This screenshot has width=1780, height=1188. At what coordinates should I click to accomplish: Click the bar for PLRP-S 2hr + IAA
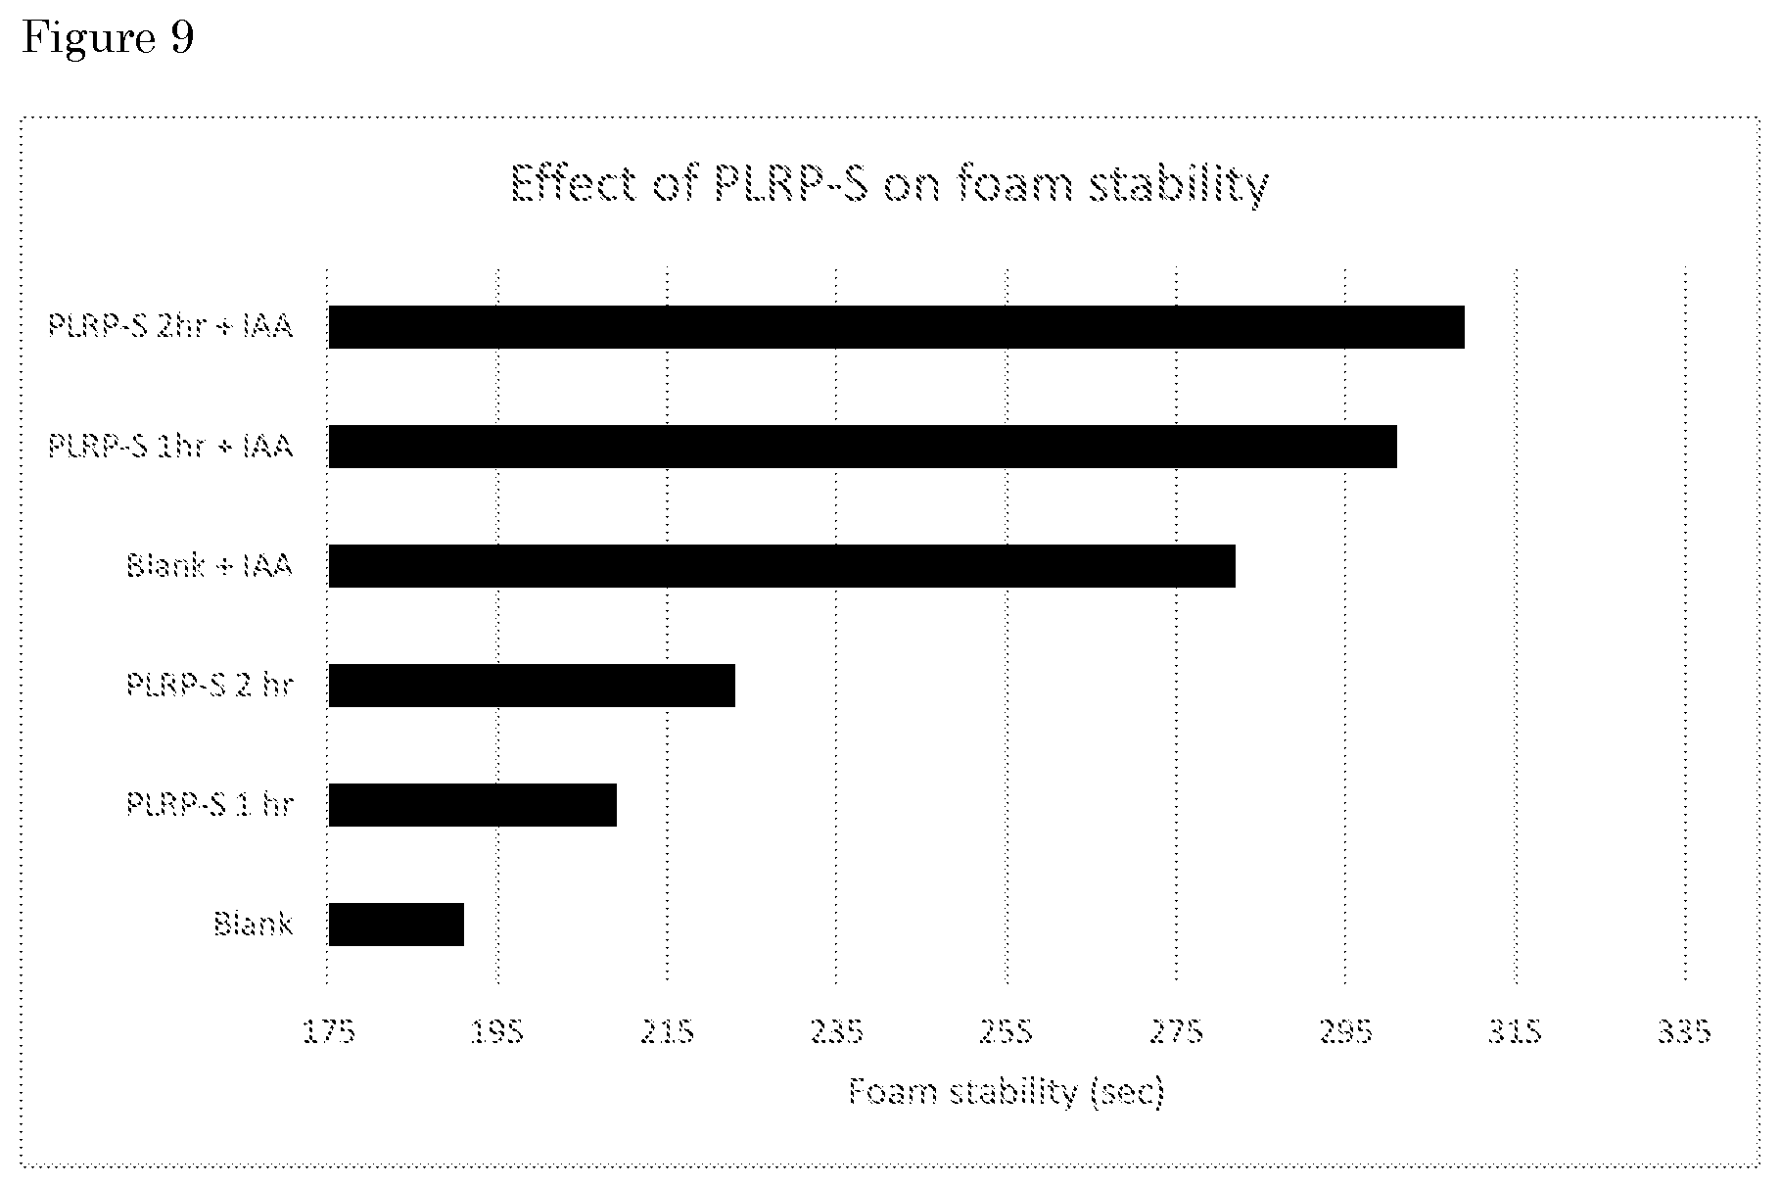[896, 327]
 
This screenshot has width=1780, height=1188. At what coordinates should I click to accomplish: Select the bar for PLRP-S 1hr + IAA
[863, 447]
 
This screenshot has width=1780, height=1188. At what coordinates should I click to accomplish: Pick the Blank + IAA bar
[781, 566]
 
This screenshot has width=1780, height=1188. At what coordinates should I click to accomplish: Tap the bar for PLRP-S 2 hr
[532, 686]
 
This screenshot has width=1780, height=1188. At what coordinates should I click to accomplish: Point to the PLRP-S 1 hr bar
[472, 805]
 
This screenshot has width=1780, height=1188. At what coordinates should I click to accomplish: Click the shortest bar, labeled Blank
[396, 925]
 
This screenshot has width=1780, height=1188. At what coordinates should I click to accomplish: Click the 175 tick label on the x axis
[328, 1031]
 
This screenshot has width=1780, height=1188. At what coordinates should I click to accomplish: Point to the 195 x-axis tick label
[497, 1031]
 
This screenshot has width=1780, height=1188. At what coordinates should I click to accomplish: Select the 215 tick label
[667, 1031]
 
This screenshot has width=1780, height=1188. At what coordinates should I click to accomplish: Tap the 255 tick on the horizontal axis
[1007, 1031]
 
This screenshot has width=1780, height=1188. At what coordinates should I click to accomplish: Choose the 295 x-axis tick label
[1346, 1031]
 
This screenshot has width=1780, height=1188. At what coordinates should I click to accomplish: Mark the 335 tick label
[1685, 1031]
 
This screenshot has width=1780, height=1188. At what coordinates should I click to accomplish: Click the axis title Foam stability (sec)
[1007, 1091]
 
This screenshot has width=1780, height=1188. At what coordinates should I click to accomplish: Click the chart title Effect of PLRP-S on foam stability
[890, 184]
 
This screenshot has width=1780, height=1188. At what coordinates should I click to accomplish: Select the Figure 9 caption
[108, 38]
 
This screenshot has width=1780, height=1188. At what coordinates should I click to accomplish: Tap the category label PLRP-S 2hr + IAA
[170, 325]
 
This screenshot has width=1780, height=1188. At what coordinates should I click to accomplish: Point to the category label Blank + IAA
[210, 565]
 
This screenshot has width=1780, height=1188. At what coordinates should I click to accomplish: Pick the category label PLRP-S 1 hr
[210, 804]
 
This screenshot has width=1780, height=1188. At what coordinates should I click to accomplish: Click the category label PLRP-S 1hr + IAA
[170, 446]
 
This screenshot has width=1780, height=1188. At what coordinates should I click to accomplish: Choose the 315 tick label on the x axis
[1516, 1031]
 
